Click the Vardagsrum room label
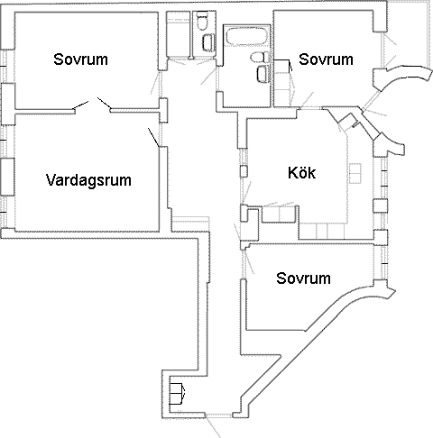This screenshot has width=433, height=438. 88,180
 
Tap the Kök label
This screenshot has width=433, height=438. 301,173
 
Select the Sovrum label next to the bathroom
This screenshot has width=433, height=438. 326,59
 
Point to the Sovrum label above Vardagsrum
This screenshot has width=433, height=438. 80,59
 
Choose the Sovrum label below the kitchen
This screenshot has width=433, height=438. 303,278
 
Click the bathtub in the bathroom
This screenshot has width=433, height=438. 246,37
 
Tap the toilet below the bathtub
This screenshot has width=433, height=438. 260,57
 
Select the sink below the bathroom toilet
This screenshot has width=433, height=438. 263,74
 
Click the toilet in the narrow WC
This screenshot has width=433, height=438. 201,21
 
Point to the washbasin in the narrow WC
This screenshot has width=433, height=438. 208,42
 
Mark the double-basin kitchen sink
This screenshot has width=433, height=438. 355,173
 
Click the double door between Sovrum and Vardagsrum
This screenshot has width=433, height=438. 93,104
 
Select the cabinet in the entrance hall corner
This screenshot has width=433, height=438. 177,393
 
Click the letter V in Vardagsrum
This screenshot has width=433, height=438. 51,179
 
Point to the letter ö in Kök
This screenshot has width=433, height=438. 301,173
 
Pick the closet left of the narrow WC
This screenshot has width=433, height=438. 178,34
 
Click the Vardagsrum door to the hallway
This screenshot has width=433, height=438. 153,137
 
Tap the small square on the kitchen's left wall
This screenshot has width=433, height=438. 244,171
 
